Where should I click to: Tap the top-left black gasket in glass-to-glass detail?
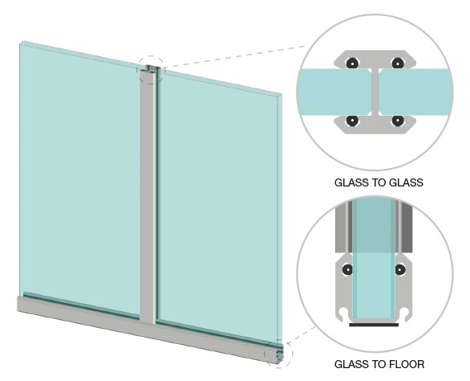click(x=352, y=63)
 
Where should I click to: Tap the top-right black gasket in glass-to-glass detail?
click(x=398, y=63)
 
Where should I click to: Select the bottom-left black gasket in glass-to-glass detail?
click(x=352, y=121)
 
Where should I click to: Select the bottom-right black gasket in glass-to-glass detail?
click(x=398, y=121)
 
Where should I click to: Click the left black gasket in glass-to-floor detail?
click(x=348, y=269)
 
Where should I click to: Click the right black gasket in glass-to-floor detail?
click(x=400, y=269)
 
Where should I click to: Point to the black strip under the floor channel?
click(x=374, y=325)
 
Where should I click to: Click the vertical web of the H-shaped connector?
click(x=375, y=92)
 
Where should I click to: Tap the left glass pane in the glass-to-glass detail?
click(x=336, y=92)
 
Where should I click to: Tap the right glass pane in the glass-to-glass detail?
click(x=415, y=92)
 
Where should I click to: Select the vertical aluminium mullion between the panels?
click(x=148, y=195)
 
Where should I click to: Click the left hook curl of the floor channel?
click(x=342, y=314)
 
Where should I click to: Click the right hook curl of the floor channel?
click(x=406, y=314)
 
